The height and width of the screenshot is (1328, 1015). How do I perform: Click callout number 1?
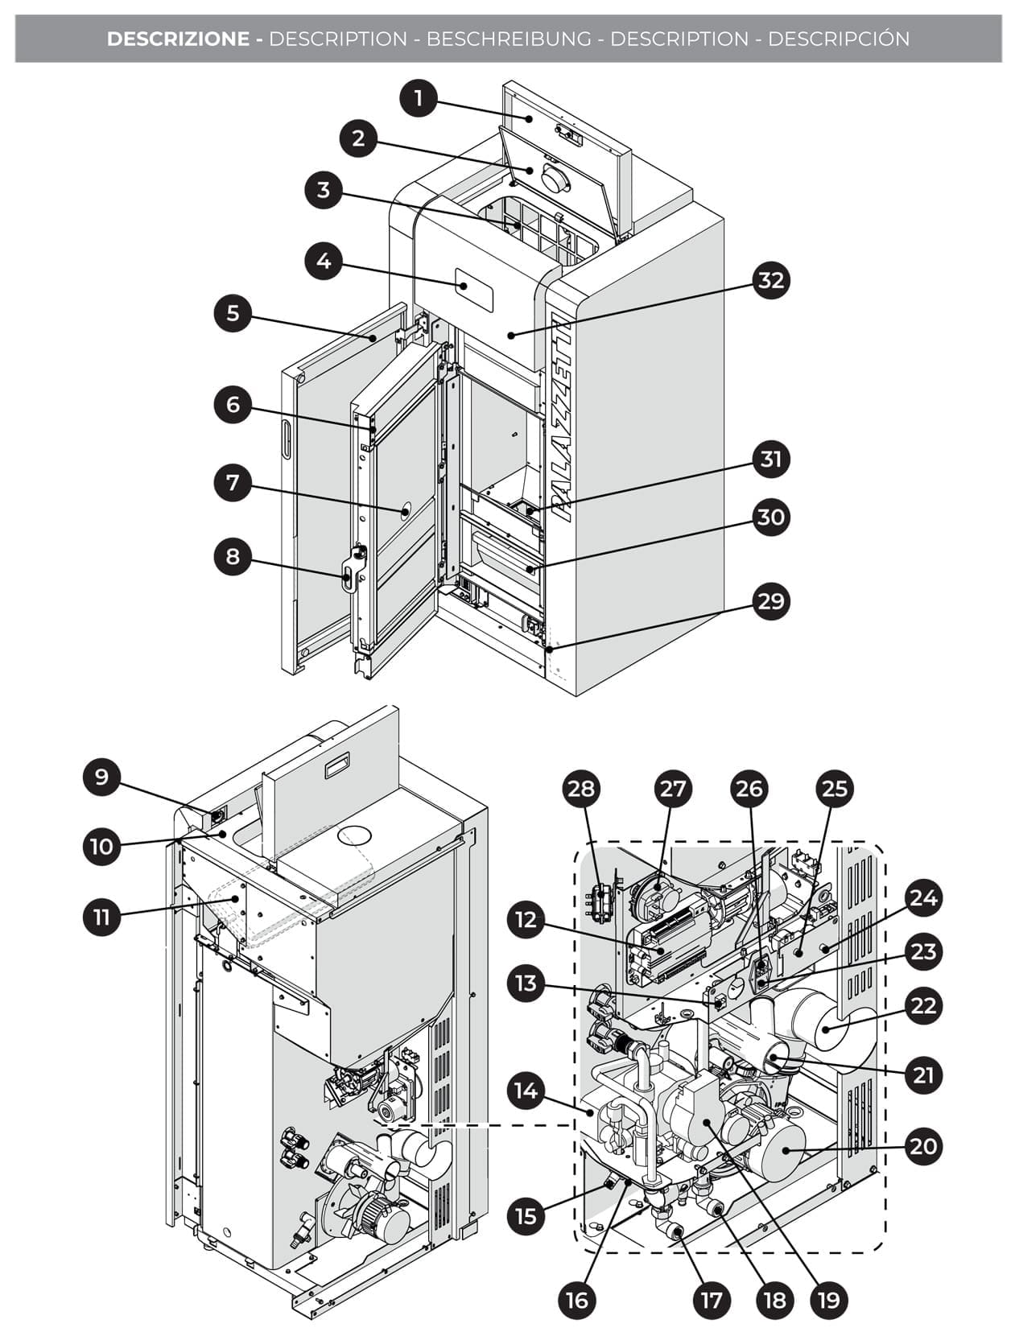[x=418, y=99]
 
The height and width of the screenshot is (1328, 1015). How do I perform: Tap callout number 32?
[x=770, y=280]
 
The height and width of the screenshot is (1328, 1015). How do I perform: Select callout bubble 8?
[x=233, y=557]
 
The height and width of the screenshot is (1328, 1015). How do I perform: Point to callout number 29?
[x=770, y=601]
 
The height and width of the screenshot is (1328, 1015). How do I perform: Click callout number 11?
[x=101, y=917]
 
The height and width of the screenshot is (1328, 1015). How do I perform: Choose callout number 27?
[x=671, y=788]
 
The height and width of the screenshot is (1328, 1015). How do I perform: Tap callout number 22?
[x=922, y=1006]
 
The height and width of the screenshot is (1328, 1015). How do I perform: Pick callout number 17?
[x=712, y=1299]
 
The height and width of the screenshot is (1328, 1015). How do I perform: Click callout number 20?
[x=922, y=1145]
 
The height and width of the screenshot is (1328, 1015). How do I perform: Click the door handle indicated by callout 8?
[x=348, y=575]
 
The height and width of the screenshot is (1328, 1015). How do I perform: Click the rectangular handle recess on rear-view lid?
[x=333, y=771]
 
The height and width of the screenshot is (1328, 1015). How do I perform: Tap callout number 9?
[x=101, y=777]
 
